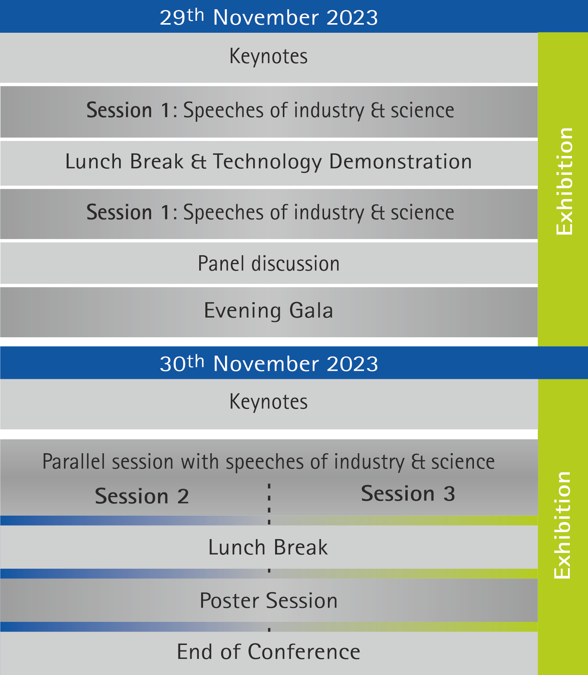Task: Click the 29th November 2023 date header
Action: (269, 17)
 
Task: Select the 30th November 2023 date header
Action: (269, 363)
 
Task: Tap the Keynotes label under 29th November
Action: (269, 56)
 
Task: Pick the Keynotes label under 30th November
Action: (269, 402)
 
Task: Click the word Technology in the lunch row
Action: (267, 162)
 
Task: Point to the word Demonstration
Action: (401, 161)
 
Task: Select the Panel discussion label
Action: (269, 264)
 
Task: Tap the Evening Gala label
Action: (269, 311)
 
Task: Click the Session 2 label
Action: (142, 496)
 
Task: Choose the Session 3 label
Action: (408, 494)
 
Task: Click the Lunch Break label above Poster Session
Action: (268, 547)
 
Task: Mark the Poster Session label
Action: (269, 601)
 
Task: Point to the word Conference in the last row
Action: (304, 652)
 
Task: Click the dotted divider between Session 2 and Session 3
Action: (269, 504)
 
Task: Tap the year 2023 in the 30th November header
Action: (352, 364)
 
